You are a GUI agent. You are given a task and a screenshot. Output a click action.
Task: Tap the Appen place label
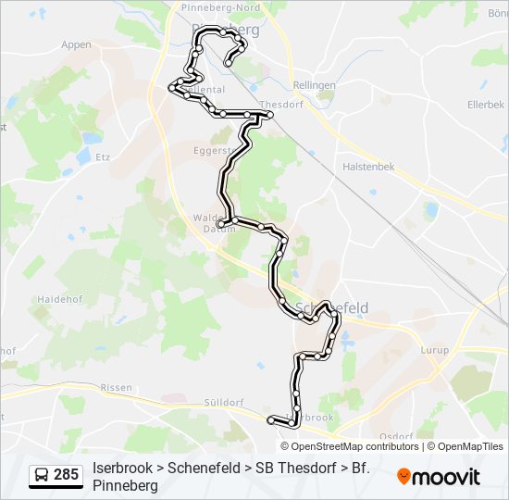76,44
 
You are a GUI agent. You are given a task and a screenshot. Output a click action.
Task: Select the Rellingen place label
313,85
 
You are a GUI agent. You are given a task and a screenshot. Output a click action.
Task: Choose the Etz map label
103,157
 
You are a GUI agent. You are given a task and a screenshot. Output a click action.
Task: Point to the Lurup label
434,351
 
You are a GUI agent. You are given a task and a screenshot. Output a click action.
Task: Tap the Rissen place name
116,388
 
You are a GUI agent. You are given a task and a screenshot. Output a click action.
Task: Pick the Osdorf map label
395,435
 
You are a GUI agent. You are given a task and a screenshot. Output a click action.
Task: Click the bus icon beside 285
43,476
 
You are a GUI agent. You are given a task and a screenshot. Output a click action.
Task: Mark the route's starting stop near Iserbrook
271,421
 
